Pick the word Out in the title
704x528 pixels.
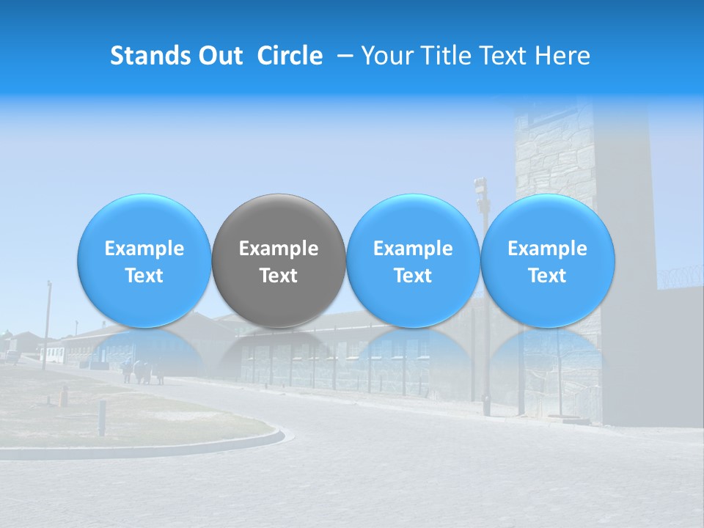click(218, 56)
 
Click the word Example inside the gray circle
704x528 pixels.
click(279, 249)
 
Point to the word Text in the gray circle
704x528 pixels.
click(279, 276)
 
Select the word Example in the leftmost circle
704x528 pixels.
click(144, 249)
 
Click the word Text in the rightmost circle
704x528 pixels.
click(547, 276)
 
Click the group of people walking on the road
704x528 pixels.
click(143, 372)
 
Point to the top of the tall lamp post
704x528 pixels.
click(480, 185)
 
